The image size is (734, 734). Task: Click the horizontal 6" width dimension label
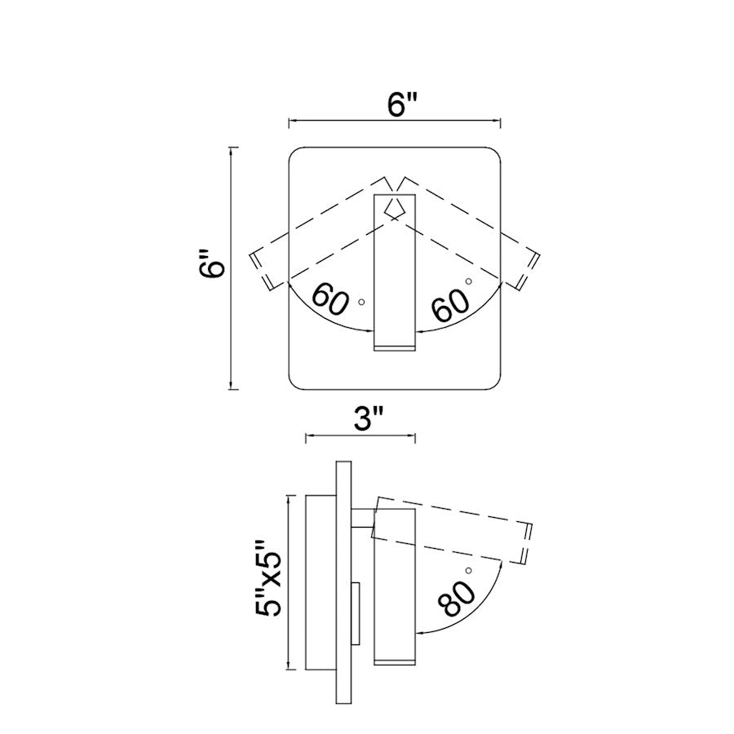(401, 105)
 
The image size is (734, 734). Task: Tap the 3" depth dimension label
(368, 418)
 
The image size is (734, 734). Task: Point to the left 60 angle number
(330, 299)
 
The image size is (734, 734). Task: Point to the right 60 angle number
(450, 305)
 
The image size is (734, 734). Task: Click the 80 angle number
(457, 599)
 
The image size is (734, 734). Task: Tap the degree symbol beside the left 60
(361, 303)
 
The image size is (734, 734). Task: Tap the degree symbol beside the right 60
(468, 281)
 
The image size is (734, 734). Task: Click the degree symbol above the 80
(468, 570)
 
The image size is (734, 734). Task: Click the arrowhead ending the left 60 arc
(369, 331)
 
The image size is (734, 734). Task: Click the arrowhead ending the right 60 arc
(420, 331)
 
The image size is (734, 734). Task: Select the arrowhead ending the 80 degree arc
(420, 633)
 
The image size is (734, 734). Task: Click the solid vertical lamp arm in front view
(395, 272)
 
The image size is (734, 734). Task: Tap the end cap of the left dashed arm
(261, 271)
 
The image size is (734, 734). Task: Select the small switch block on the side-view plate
(356, 613)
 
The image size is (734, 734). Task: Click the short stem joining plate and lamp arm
(362, 518)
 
